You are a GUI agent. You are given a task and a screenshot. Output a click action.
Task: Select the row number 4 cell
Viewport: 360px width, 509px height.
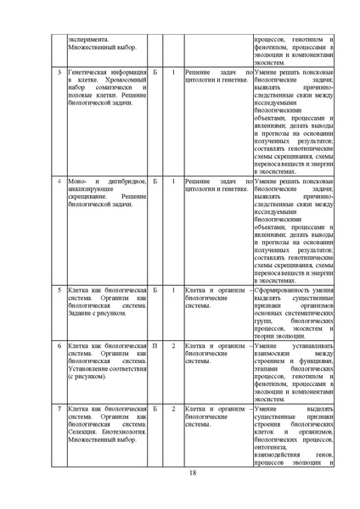point(58,181)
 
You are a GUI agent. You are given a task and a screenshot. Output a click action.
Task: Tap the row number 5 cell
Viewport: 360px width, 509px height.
point(58,289)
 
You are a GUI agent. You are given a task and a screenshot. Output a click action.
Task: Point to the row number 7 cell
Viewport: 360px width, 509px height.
point(58,410)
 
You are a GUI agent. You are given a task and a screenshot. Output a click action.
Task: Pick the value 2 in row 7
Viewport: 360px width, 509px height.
point(173,410)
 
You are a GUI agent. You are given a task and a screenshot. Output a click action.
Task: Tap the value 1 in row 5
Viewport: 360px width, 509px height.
point(173,289)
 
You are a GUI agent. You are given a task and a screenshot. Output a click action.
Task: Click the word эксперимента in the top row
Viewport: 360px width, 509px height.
point(89,38)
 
